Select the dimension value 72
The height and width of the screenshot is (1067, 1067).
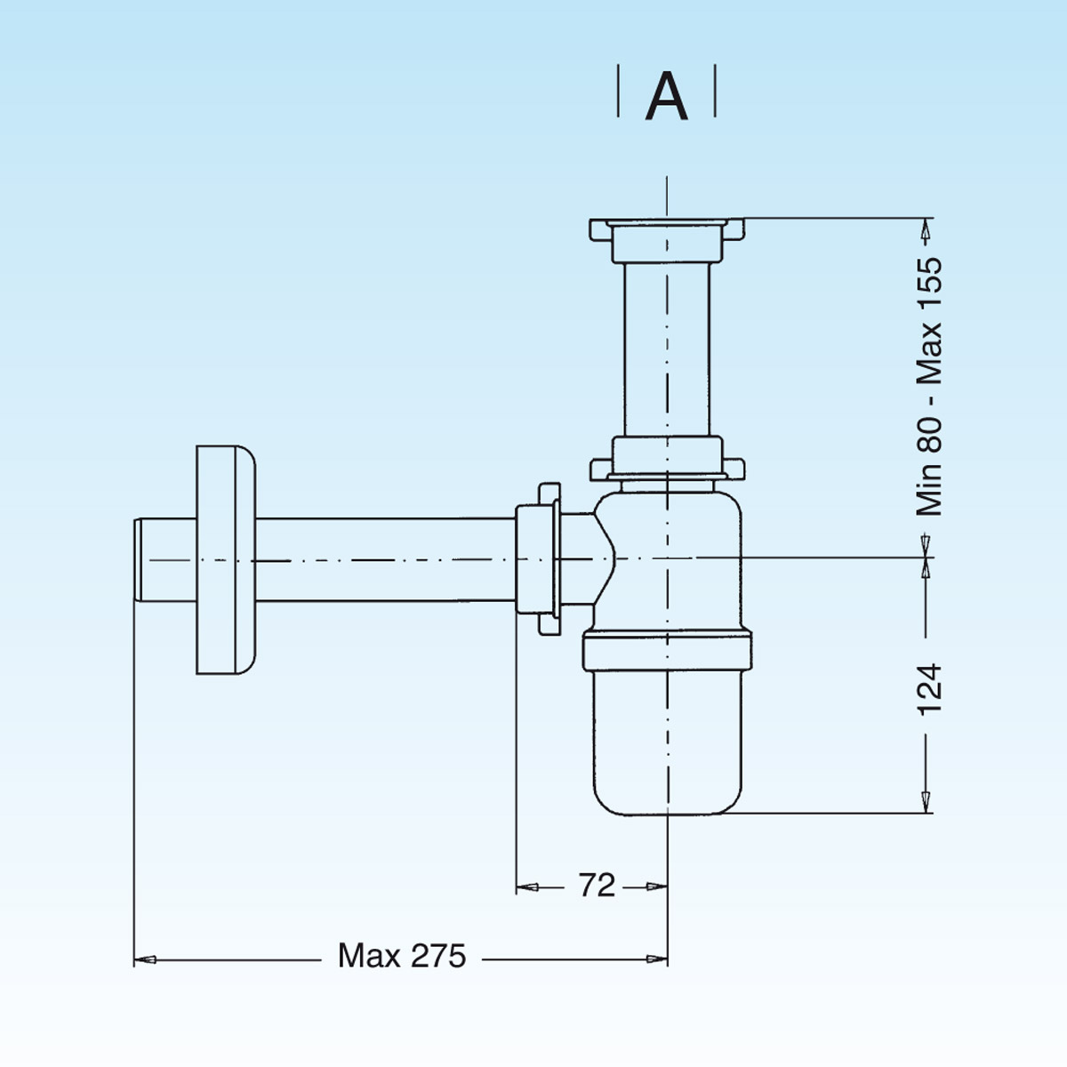coord(597,886)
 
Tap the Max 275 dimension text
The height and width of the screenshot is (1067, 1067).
coord(402,956)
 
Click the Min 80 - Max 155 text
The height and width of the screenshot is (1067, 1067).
coord(929,387)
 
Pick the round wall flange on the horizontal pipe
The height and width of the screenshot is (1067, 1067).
coord(225,560)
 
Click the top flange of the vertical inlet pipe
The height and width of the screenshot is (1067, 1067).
coord(667,229)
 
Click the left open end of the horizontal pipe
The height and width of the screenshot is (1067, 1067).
coord(139,560)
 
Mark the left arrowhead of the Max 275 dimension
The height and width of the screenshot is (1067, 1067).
coord(145,959)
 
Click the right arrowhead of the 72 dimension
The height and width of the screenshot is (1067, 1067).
coord(657,886)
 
